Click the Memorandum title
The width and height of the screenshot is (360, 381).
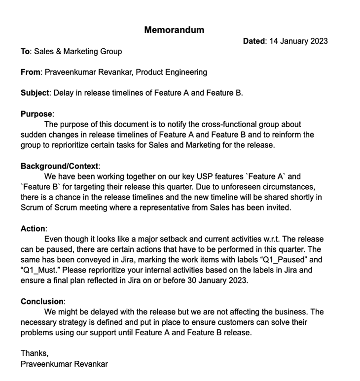coord(174,30)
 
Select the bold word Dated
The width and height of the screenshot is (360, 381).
coord(254,41)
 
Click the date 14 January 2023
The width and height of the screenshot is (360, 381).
coord(298,41)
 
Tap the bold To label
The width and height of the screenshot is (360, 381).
coord(25,51)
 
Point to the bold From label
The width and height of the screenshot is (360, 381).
coord(30,72)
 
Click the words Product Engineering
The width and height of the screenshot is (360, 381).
coord(171,72)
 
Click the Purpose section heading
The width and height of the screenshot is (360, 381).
coord(36,114)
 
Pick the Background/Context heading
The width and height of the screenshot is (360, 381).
coord(60,166)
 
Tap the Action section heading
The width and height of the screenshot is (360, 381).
coord(33,229)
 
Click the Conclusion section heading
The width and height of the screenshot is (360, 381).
coord(42,301)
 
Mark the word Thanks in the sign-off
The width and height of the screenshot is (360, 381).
coord(34,353)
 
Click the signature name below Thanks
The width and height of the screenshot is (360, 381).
coord(64,364)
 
